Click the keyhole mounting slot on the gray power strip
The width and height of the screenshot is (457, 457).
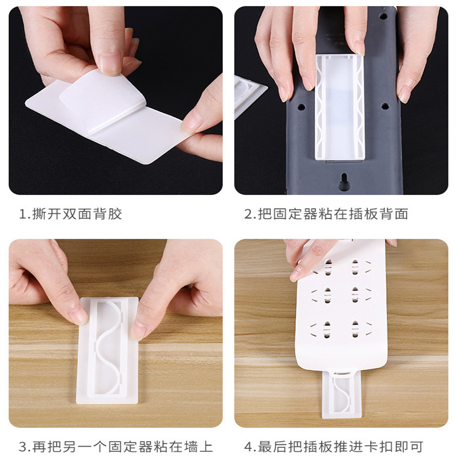pyautogui.click(x=344, y=182)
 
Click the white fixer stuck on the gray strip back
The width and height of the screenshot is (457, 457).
pyautogui.click(x=340, y=107)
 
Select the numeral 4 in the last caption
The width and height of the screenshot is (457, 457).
pyautogui.click(x=248, y=447)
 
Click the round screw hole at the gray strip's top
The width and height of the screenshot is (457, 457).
pyautogui.click(x=383, y=17)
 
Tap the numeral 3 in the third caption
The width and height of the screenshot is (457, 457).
pyautogui.click(x=23, y=447)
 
